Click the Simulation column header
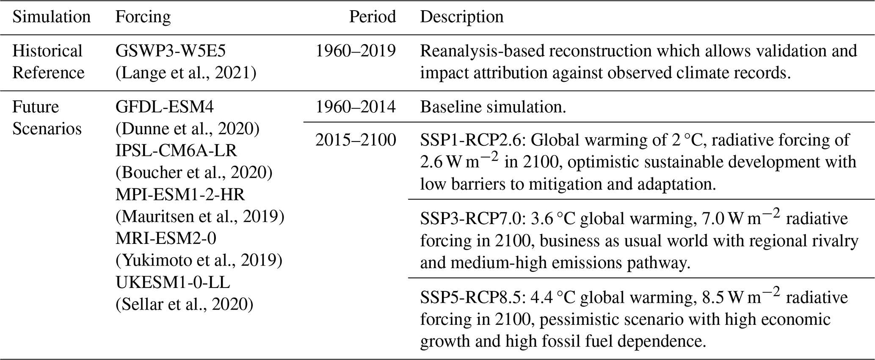tap(51, 17)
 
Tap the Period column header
tap(373, 17)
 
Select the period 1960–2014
tap(356, 107)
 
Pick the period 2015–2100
tap(356, 140)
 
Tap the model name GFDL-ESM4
tap(165, 107)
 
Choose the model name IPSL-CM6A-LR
tap(176, 151)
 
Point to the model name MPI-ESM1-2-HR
tap(180, 195)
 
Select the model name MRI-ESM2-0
tap(166, 239)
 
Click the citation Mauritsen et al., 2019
tap(200, 217)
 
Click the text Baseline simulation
tap(493, 107)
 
